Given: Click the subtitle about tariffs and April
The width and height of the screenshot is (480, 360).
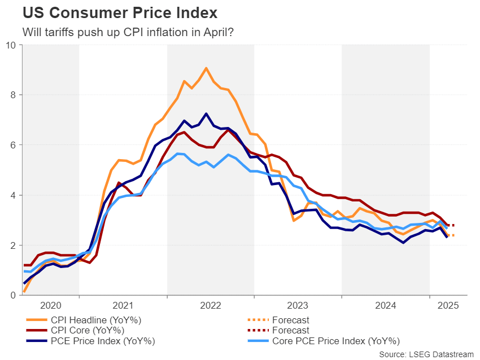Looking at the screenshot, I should (128, 32).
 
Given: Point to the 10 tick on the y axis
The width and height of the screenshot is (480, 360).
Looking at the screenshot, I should (11, 45).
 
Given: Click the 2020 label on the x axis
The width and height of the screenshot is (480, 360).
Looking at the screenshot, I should (50, 305).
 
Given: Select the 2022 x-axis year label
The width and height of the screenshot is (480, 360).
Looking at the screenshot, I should (211, 305).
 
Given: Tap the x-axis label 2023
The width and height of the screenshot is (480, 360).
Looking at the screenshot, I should (298, 305).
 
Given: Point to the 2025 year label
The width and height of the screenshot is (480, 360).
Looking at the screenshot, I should (448, 305).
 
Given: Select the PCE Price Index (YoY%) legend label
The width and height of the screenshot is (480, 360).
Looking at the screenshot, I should (102, 341).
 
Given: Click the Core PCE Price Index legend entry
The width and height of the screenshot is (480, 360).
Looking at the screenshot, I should (336, 341).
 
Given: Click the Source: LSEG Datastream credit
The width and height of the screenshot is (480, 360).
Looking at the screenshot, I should (426, 354).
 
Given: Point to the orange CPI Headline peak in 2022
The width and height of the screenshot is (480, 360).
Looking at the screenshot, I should (206, 68).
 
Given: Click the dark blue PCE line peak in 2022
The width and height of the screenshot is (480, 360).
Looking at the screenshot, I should (206, 113).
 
